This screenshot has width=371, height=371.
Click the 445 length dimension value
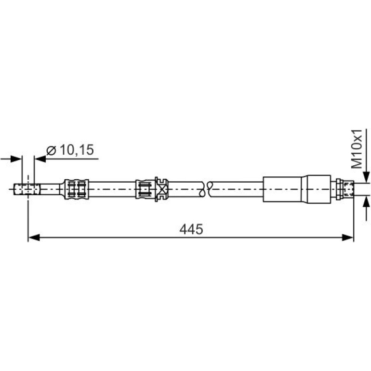(x=191, y=229)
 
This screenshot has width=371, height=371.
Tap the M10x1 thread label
(x=357, y=149)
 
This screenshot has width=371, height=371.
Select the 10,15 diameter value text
(x=77, y=150)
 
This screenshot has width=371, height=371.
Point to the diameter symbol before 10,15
(x=51, y=150)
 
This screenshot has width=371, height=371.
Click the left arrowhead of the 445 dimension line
(x=34, y=238)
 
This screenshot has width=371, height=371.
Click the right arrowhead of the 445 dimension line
(x=347, y=238)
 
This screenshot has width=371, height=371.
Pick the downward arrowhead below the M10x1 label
(x=366, y=177)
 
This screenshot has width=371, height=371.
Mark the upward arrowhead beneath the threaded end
(x=366, y=201)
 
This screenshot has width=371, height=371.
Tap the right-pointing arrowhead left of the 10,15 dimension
(x=16, y=159)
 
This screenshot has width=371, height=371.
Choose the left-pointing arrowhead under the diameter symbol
(x=40, y=159)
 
